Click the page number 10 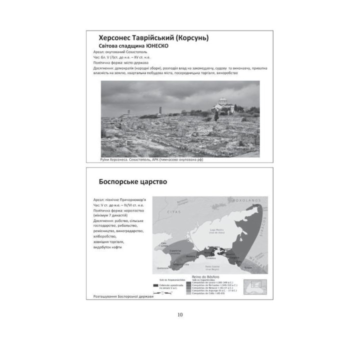tap(180, 315)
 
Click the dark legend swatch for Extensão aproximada tap(156, 285)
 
